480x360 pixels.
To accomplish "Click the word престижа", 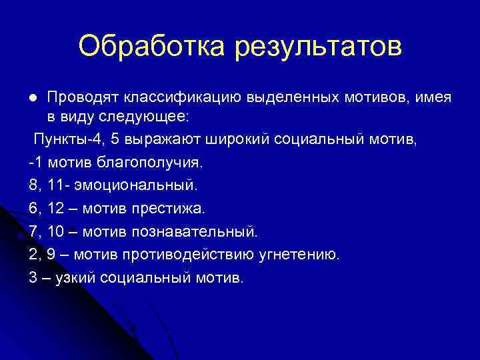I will (171, 208).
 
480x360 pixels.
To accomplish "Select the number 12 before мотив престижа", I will (56, 208).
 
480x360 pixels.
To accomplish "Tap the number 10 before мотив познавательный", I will (56, 231).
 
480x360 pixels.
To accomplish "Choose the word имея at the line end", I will (433, 97).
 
